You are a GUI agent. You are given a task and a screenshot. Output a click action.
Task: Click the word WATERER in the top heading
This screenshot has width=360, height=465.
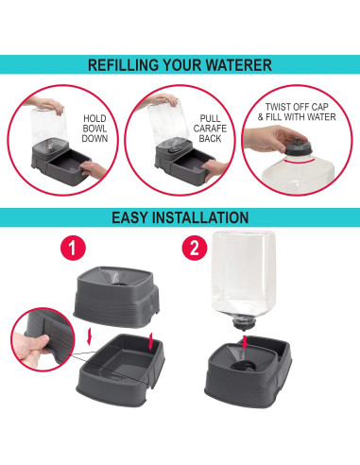coord(239,65)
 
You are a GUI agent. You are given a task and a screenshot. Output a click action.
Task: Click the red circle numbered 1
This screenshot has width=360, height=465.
coord(73,248)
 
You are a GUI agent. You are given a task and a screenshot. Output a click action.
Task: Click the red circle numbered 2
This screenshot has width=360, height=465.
coord(195,248)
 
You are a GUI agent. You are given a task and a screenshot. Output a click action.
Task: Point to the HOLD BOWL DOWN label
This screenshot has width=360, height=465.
coord(94,129)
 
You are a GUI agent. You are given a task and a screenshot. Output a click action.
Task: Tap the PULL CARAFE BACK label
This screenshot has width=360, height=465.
coord(210,129)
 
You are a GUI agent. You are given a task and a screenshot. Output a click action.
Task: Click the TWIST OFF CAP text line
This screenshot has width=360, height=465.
coord(297,107)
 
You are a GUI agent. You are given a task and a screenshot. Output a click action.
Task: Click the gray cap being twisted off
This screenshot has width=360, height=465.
coord(299,147)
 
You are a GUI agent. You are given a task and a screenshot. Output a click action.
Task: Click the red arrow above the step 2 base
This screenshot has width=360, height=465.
coord(245,342)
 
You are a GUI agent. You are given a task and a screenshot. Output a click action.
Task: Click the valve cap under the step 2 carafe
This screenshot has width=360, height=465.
coord(242,322)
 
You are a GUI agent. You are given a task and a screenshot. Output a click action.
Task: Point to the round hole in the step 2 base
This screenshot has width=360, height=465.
coord(243,366)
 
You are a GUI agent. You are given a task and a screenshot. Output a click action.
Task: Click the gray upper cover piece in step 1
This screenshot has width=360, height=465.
coord(117,296)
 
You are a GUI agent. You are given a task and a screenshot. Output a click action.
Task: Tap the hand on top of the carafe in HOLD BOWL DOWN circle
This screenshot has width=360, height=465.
coord(44,105)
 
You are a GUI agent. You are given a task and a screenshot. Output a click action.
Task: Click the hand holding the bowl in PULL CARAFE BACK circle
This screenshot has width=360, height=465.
coord(214,170)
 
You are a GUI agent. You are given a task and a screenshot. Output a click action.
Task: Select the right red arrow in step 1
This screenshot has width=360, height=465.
coord(151,342)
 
